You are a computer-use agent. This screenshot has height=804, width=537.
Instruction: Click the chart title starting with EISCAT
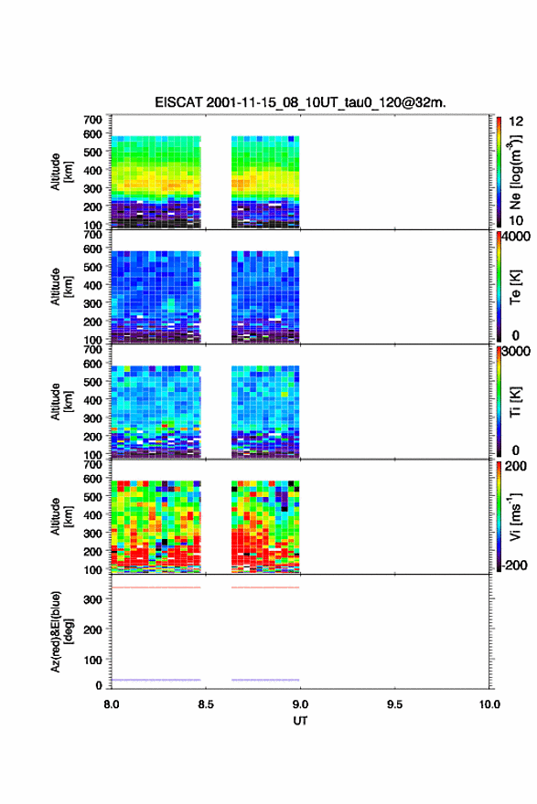click(300, 102)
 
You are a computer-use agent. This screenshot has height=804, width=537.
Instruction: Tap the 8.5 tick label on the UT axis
click(205, 704)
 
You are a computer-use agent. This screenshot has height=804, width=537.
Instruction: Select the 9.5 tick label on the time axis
click(394, 704)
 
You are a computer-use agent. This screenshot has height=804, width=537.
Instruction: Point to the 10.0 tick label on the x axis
click(489, 704)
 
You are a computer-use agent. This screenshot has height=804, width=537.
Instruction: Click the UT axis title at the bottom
click(300, 721)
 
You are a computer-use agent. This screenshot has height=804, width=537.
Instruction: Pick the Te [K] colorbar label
click(515, 287)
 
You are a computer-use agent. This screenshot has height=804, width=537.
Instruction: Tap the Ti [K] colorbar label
click(515, 402)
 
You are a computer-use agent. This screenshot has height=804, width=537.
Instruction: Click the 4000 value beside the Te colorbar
click(516, 237)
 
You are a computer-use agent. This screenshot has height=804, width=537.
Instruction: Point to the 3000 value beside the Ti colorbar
click(516, 351)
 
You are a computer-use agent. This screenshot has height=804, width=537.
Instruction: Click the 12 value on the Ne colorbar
click(516, 122)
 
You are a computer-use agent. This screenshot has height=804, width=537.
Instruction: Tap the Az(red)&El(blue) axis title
click(61, 631)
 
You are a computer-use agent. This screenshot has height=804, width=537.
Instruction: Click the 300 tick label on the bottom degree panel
click(93, 599)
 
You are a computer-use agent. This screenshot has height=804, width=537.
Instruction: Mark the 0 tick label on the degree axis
click(99, 684)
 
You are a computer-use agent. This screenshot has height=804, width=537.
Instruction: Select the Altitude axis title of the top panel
click(61, 172)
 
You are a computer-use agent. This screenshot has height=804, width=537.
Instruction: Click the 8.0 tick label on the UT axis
click(111, 704)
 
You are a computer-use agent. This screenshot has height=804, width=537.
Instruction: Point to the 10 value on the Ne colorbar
click(516, 221)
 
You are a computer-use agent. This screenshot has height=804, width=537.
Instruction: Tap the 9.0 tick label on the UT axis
click(300, 704)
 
